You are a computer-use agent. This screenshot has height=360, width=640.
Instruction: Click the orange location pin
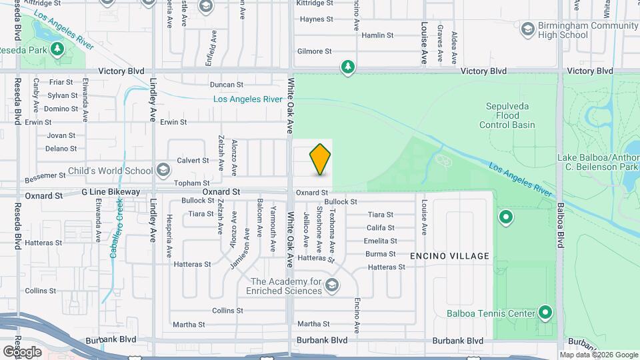320,159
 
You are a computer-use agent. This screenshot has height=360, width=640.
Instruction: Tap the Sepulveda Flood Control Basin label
510,115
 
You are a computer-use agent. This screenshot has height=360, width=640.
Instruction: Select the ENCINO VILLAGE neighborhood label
449,256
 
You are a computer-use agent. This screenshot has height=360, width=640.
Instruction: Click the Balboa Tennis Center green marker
545,313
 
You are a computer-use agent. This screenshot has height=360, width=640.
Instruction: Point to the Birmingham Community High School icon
528,29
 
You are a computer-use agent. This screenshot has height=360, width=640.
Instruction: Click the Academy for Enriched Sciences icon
332,286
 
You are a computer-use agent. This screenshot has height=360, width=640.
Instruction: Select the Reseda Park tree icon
57,49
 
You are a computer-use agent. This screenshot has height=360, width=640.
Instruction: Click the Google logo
22,351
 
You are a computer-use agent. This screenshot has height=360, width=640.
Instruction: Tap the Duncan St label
226,85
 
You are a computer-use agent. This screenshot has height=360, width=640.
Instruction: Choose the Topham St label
192,183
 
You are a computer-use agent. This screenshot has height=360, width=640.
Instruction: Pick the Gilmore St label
314,51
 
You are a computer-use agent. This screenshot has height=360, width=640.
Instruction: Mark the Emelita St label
381,241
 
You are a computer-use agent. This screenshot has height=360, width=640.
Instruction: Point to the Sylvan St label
63,95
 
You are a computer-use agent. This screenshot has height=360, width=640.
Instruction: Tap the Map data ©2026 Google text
599,355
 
